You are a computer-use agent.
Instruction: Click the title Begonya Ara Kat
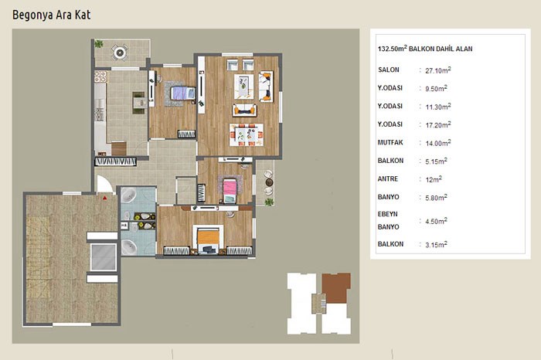(x=52, y=15)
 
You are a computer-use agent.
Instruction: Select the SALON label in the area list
(x=389, y=70)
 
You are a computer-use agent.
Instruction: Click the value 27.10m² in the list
(x=438, y=70)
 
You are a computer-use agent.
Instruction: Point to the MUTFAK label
(x=390, y=142)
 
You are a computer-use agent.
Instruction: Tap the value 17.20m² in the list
(x=438, y=125)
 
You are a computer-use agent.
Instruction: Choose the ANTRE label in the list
(x=388, y=179)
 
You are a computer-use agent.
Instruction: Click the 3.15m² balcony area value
(x=436, y=244)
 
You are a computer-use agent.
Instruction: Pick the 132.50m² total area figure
(x=393, y=48)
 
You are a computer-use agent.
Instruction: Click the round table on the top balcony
(x=120, y=53)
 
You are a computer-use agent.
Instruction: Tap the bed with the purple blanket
(x=183, y=93)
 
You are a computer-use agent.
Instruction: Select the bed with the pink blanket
(x=230, y=190)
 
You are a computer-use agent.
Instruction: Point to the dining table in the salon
(x=247, y=134)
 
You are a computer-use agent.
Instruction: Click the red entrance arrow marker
(x=105, y=198)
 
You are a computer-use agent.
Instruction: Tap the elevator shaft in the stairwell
(x=103, y=257)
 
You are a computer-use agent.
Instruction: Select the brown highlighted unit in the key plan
(x=335, y=288)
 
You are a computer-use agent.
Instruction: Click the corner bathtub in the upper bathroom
(x=129, y=195)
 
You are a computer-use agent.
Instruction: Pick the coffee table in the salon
(x=244, y=87)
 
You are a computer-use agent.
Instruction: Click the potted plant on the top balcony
(x=99, y=44)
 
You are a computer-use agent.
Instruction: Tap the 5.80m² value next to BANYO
(x=436, y=198)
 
